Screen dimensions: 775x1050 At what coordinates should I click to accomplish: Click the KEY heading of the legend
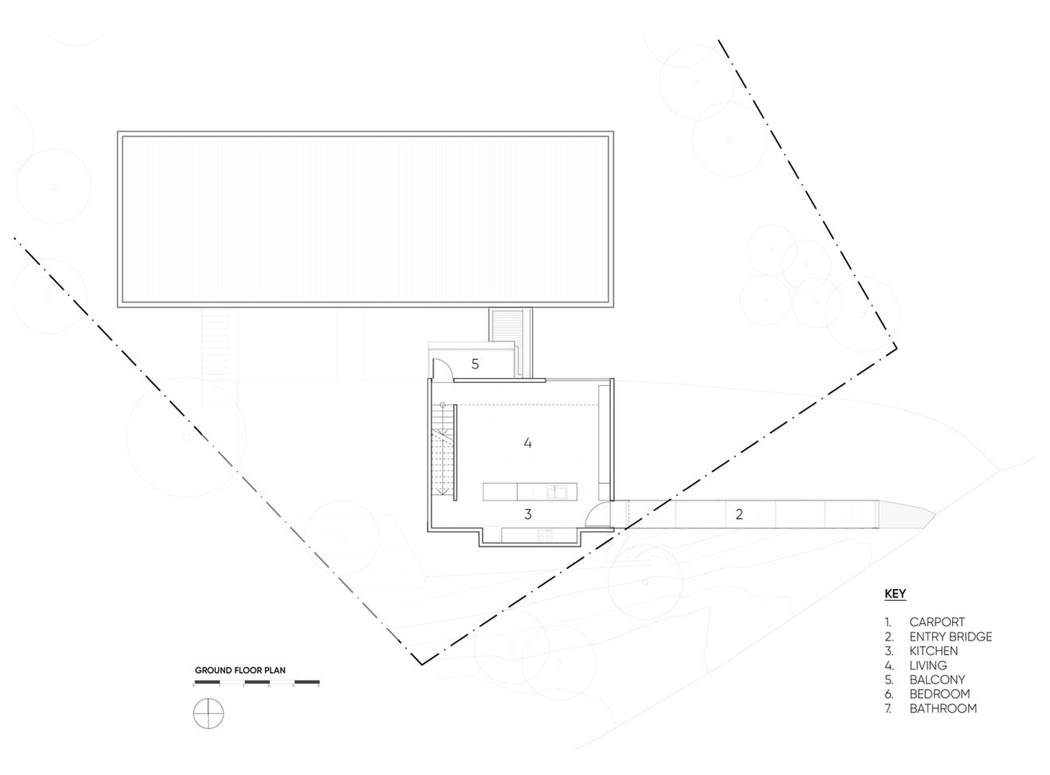click(x=895, y=594)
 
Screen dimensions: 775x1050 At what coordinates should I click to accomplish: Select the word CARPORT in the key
click(x=937, y=622)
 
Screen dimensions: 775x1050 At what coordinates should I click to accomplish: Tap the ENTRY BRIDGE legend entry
click(x=951, y=637)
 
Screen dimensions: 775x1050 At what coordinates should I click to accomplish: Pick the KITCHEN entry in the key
click(x=934, y=651)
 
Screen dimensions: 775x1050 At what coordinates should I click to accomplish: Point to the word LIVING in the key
click(x=928, y=665)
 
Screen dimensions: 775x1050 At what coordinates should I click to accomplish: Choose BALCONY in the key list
click(x=937, y=680)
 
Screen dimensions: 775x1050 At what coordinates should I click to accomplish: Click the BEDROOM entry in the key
click(x=939, y=694)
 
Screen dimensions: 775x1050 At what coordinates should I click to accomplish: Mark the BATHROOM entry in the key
click(x=943, y=708)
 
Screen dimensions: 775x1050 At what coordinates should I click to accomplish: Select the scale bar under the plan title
click(x=257, y=682)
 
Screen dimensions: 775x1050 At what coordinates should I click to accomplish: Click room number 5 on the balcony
click(x=475, y=364)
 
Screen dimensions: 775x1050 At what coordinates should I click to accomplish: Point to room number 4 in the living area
click(x=527, y=442)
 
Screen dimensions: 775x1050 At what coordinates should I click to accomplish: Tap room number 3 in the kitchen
click(x=527, y=514)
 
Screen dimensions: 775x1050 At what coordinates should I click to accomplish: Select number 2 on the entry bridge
click(x=739, y=514)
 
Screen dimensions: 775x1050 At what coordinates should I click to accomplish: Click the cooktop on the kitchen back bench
click(x=546, y=535)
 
